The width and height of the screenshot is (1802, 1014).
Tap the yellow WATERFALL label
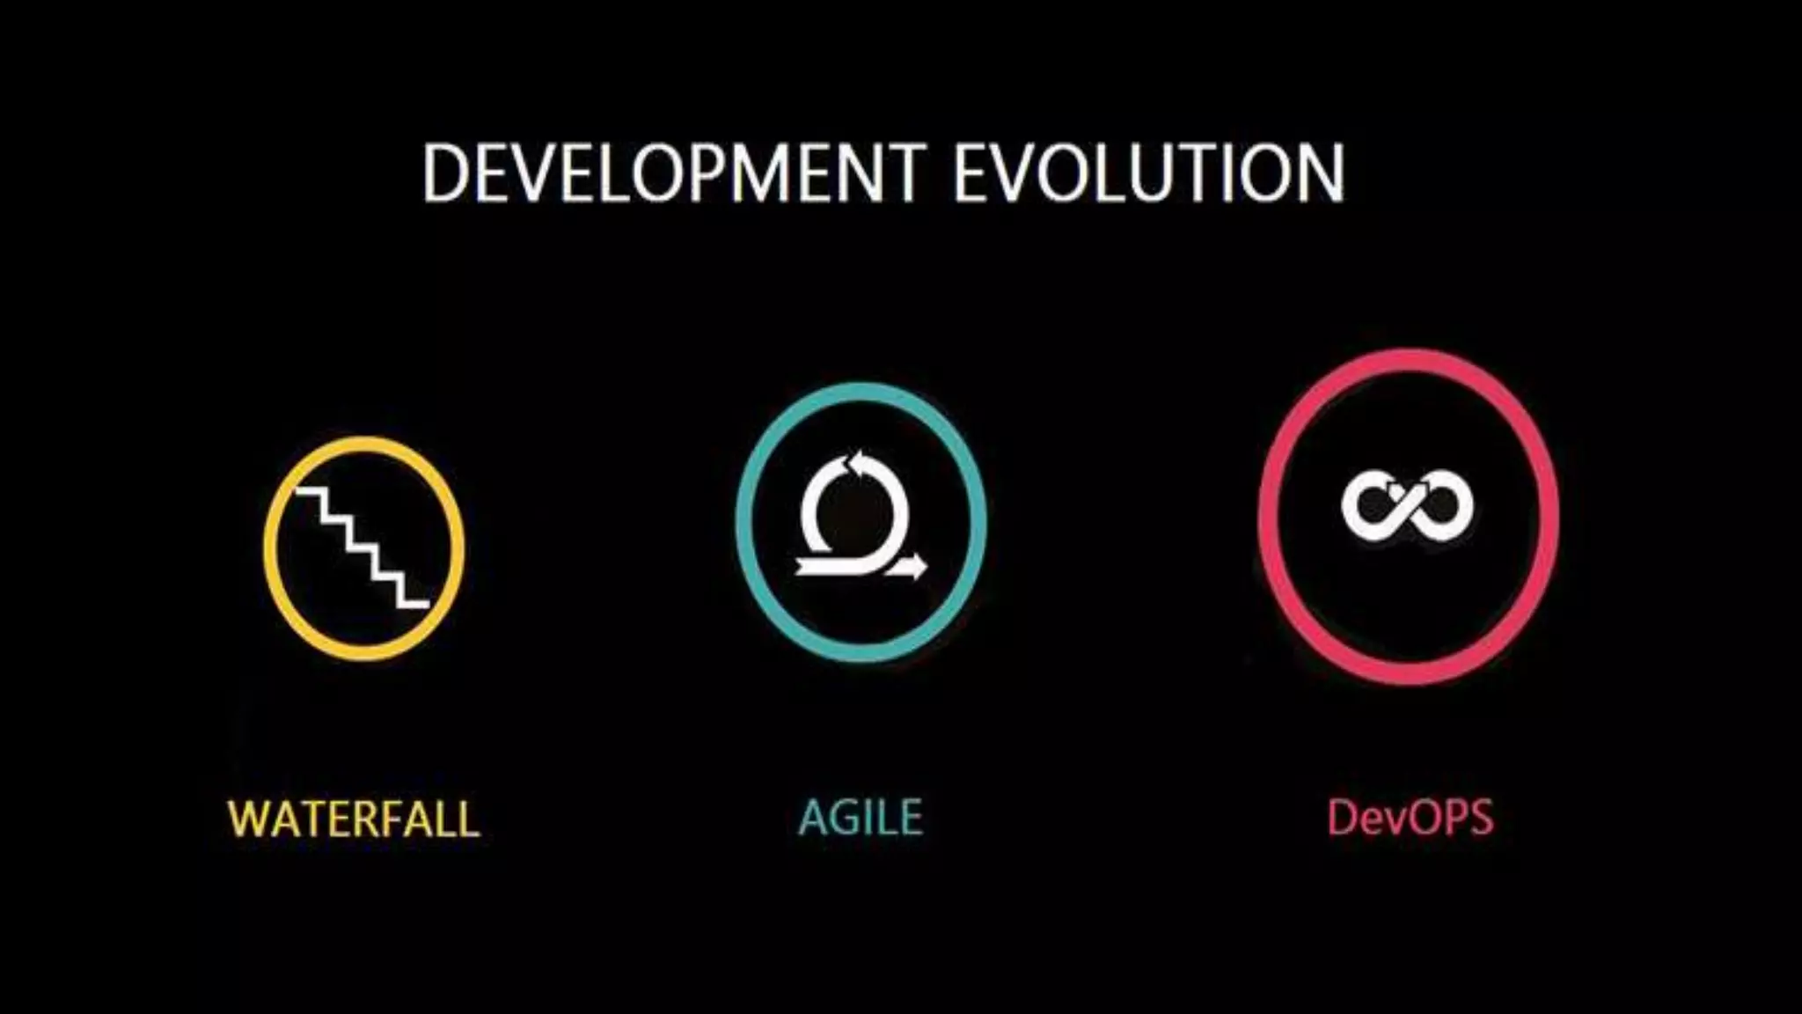[354, 819]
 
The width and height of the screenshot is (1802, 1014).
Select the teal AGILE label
[861, 818]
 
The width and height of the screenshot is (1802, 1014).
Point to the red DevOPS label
[1410, 818]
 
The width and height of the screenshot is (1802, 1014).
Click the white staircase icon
[363, 547]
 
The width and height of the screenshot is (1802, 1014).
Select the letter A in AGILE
[815, 818]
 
